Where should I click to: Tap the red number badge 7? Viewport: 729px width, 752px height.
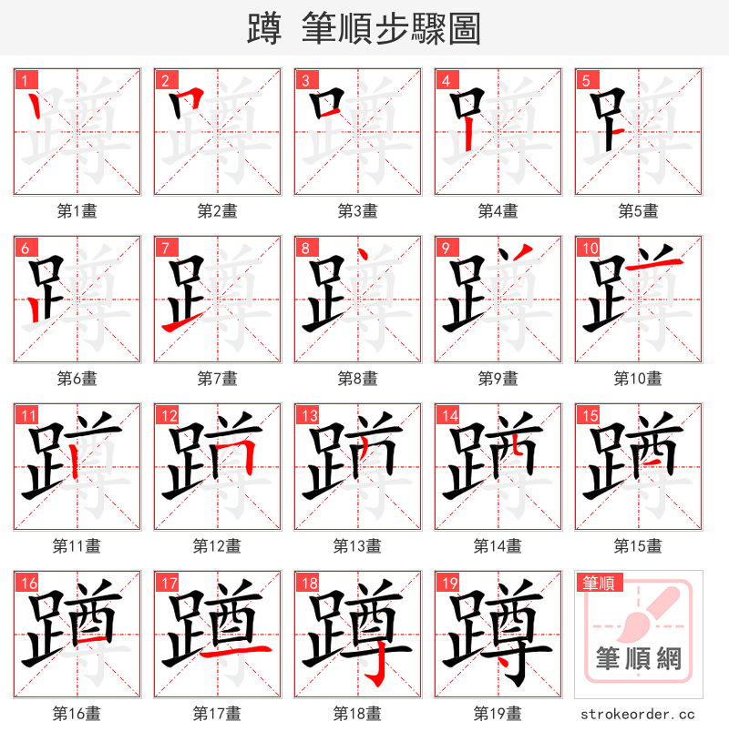pos(164,248)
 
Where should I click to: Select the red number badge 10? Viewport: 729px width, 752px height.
pos(589,248)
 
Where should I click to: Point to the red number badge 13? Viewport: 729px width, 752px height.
pos(308,416)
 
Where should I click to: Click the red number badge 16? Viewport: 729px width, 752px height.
pos(27,584)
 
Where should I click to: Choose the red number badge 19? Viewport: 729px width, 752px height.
pos(448,584)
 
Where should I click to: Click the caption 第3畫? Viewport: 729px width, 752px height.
pos(357,211)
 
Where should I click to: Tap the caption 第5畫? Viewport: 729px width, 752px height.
pos(638,211)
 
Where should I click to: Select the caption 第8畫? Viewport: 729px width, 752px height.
pos(357,379)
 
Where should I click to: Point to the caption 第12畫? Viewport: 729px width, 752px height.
pos(217,546)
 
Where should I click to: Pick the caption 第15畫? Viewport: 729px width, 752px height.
pos(638,546)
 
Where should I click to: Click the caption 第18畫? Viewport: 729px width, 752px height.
pos(357,714)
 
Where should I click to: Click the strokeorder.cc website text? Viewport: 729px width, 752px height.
pos(638,715)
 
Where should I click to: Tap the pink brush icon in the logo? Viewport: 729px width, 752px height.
pos(649,614)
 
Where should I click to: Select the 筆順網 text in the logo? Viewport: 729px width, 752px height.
pos(638,658)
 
